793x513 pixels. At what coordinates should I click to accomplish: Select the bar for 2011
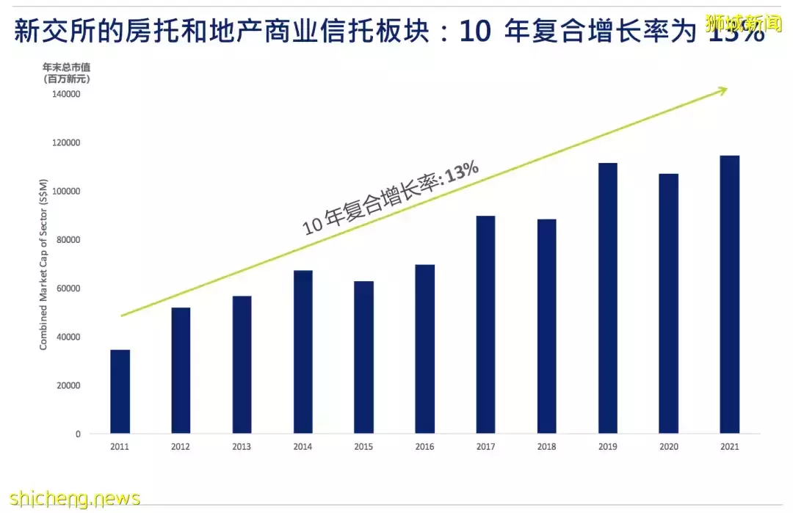120,391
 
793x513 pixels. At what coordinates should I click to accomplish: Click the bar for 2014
303,352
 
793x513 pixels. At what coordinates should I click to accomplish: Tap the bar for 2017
485,324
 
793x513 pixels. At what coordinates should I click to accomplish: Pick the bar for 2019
607,298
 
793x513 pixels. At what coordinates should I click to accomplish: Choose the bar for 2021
729,294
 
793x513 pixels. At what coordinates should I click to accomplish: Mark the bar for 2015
363,357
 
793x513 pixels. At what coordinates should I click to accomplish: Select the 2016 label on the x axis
424,447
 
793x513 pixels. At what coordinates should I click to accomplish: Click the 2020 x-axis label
668,447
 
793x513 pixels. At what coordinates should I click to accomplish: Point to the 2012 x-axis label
181,447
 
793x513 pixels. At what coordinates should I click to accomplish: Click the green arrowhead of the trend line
723,90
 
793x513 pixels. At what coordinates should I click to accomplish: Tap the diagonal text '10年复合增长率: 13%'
391,199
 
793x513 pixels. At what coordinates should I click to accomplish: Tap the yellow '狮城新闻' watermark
743,22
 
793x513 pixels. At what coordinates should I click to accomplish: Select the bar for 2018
546,326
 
